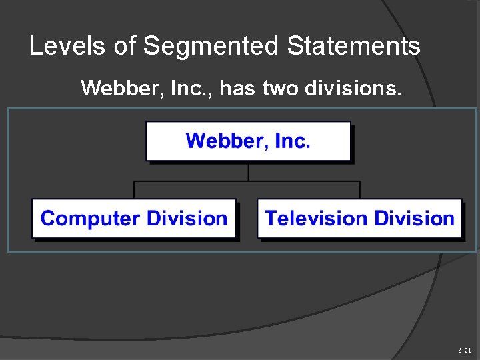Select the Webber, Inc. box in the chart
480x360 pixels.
[248, 141]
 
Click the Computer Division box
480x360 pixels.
[134, 219]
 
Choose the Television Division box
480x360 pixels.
[359, 219]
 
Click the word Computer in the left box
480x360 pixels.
[91, 219]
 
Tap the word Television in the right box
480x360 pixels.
[317, 219]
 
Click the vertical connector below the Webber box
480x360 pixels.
[249, 171]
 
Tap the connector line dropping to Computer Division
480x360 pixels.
[135, 189]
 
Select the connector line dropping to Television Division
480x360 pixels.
[359, 189]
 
